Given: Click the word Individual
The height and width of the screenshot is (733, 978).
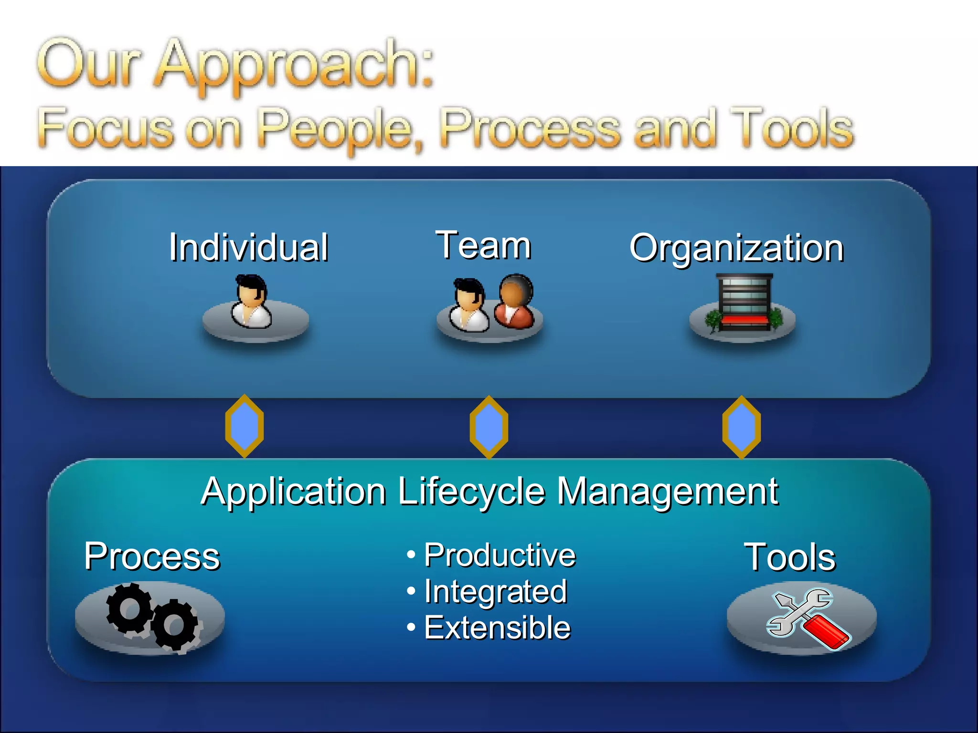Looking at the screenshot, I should tap(248, 247).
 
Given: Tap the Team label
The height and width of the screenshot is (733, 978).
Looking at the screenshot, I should tap(483, 245).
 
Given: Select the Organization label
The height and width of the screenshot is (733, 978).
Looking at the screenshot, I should tap(736, 248).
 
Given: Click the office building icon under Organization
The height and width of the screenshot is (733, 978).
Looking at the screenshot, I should tap(744, 303).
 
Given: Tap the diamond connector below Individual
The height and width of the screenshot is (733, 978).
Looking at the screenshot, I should tap(244, 426).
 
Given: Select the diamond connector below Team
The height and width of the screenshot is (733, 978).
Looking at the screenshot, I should tap(489, 427).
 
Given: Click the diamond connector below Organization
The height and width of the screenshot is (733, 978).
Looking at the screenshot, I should tap(741, 427).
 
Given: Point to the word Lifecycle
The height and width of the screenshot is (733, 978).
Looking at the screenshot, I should tap(471, 492).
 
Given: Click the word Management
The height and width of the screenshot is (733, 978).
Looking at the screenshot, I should tap(668, 492).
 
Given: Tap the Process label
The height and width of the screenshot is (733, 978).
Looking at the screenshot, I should tap(152, 556).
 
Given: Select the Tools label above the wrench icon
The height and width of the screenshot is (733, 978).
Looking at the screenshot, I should tap(790, 557).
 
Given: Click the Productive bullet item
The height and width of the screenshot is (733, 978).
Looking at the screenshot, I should tap(500, 555).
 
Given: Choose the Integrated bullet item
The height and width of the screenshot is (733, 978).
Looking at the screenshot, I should tap(495, 591).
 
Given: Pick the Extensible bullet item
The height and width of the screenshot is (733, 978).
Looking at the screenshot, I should tap(497, 627).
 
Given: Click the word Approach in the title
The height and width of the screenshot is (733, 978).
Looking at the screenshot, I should tap(292, 64).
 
